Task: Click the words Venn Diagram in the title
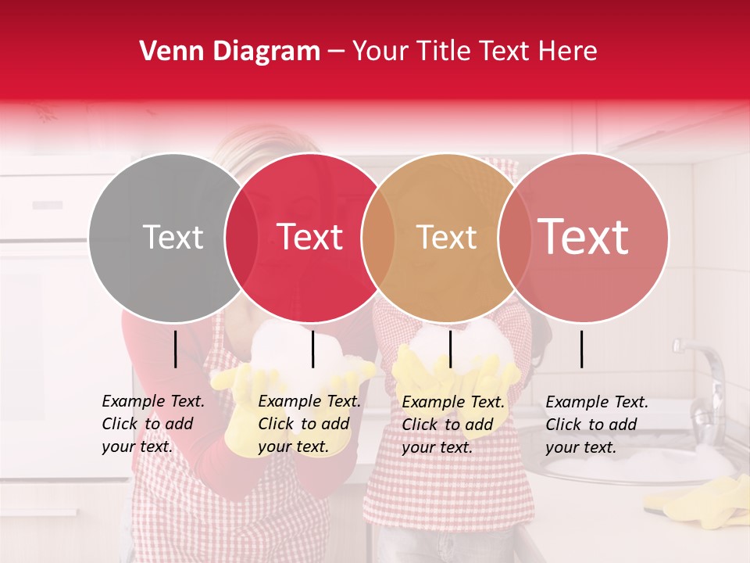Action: pos(230,52)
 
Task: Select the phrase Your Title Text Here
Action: pos(474,52)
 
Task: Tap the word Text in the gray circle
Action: pos(173,237)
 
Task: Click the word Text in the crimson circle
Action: pos(310,237)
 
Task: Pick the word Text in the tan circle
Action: pos(446,237)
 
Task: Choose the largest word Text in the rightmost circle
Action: pos(584,237)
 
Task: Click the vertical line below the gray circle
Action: pos(175,349)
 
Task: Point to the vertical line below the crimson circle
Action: pos(312,349)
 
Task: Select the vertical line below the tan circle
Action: pos(450,349)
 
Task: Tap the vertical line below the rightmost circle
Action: pos(581,349)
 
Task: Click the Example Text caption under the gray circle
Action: pos(153,424)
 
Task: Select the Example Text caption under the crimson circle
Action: pos(309,424)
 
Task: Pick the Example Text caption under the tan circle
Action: pos(453,424)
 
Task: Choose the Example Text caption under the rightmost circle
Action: pos(597,424)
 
